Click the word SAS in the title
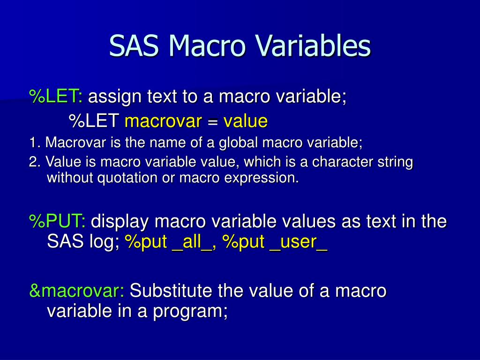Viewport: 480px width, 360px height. pyautogui.click(x=135, y=46)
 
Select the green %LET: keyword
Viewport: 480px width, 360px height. pyautogui.click(x=56, y=97)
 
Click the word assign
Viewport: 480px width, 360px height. pyautogui.click(x=115, y=97)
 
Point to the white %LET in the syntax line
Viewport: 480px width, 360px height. pyautogui.click(x=94, y=121)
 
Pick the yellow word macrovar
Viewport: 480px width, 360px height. pyautogui.click(x=163, y=121)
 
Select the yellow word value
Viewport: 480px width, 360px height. pyautogui.click(x=245, y=121)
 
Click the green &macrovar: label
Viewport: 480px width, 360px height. pyautogui.click(x=76, y=291)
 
